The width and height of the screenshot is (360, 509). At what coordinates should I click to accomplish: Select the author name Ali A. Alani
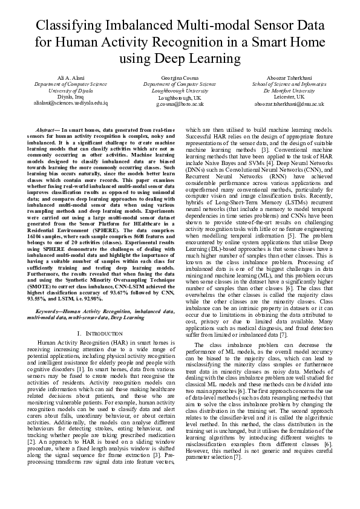pyautogui.click(x=64, y=79)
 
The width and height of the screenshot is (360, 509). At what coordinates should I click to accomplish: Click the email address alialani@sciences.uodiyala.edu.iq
pyautogui.click(x=64, y=103)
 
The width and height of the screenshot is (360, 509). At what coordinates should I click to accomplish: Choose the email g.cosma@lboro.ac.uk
pyautogui.click(x=180, y=104)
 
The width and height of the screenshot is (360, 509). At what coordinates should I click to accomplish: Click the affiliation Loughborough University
pyautogui.click(x=180, y=91)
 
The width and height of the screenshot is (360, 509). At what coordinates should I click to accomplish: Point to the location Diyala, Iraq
pyautogui.click(x=64, y=97)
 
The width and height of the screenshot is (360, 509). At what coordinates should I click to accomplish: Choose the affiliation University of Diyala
pyautogui.click(x=64, y=91)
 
